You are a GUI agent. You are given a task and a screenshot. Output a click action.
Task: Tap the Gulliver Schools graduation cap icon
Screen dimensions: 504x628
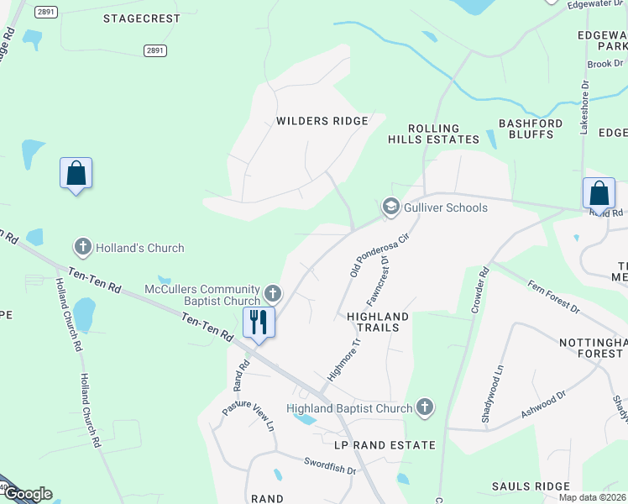390,207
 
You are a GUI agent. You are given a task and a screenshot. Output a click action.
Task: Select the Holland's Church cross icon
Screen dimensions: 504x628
82,247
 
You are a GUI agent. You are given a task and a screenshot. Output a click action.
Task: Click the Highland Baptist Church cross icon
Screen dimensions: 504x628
425,408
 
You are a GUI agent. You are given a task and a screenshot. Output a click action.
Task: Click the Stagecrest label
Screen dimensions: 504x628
142,18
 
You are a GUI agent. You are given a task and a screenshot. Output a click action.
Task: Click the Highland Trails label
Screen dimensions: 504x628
378,322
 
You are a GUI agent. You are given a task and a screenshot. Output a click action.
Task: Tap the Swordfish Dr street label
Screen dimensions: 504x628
330,466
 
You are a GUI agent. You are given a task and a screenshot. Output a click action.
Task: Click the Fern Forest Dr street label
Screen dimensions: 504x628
553,297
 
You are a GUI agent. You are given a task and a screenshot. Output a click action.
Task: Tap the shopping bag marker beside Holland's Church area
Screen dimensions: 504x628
76,174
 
